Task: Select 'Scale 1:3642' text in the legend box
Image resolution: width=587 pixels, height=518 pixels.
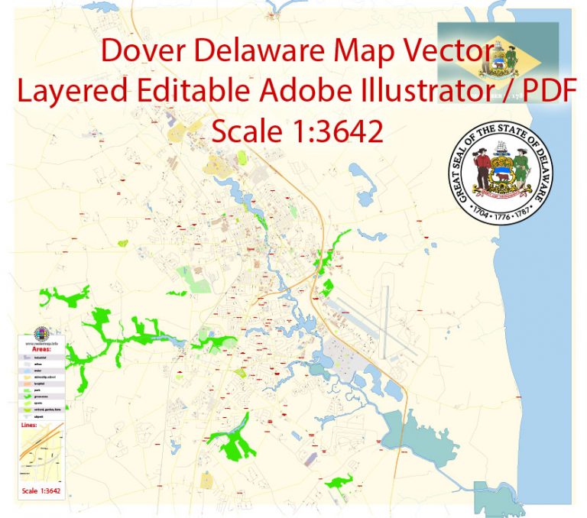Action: click(41, 490)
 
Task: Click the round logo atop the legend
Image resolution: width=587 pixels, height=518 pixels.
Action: click(41, 333)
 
